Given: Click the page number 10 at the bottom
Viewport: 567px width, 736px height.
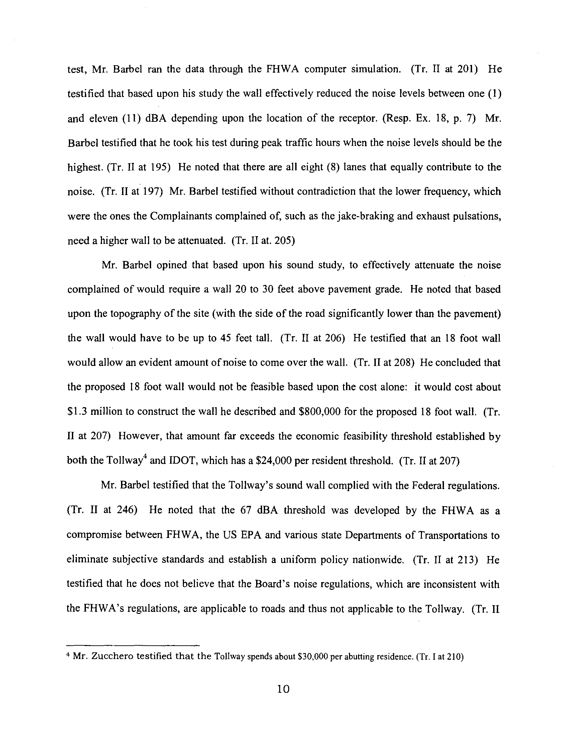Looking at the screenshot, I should click(x=283, y=689).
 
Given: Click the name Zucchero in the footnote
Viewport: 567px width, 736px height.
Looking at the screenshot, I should click(x=111, y=656).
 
